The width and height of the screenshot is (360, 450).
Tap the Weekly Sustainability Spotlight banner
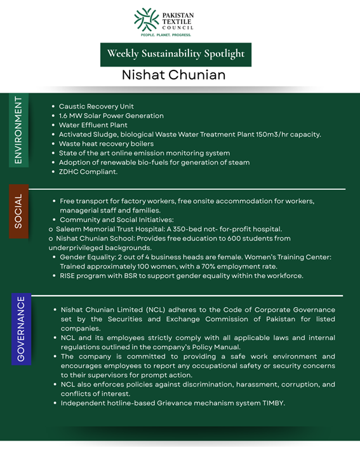(x=176, y=54)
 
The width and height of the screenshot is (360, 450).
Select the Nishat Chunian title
(x=173, y=75)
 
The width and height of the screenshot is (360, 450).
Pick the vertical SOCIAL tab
(x=19, y=211)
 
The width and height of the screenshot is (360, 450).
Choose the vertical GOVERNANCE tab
(x=21, y=329)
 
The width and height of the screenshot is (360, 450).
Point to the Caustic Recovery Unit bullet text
(x=96, y=107)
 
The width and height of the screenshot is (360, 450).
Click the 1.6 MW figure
(x=69, y=116)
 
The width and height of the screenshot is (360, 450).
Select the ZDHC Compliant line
(x=88, y=172)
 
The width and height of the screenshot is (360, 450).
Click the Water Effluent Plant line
(x=93, y=125)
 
